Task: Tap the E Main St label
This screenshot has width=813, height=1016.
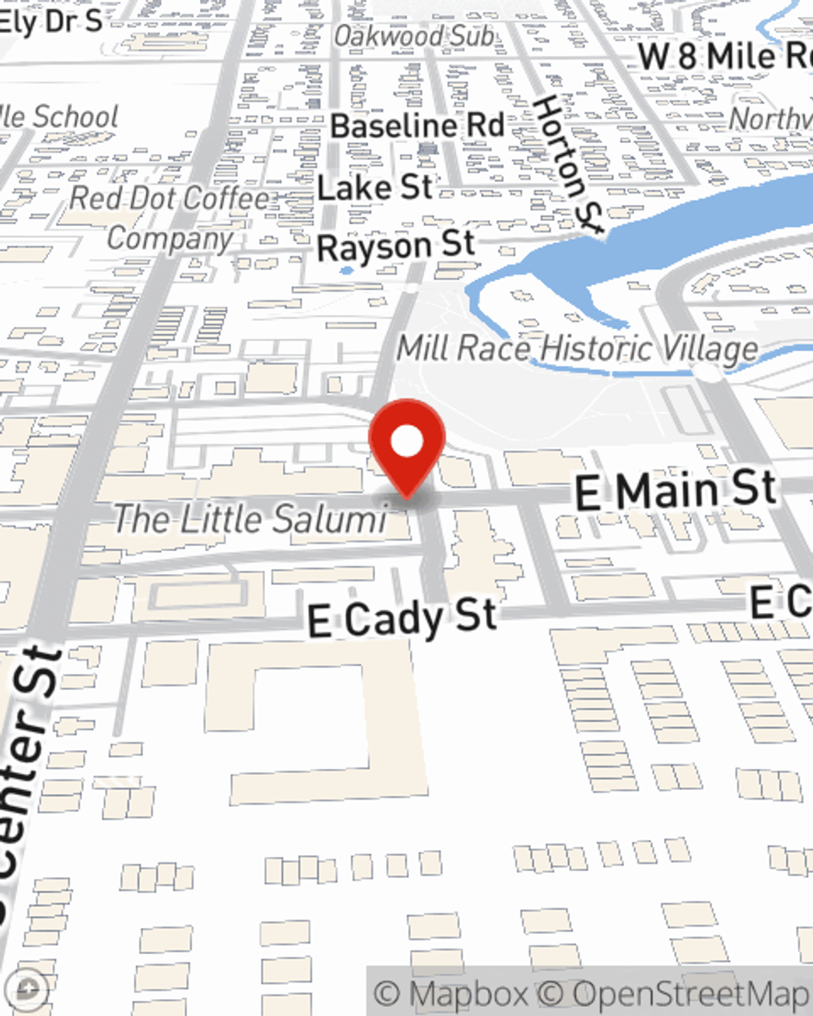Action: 676,490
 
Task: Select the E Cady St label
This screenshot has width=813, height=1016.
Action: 402,619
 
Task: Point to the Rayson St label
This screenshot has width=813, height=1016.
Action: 395,245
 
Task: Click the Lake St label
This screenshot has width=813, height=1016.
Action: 375,188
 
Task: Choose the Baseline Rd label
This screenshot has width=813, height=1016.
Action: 417,126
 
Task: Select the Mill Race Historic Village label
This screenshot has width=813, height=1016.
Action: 577,349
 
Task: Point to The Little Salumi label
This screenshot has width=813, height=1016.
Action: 250,519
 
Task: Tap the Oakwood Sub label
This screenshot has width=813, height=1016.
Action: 414,36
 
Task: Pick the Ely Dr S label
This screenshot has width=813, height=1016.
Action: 50,20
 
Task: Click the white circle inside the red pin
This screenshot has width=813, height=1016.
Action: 406,441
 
